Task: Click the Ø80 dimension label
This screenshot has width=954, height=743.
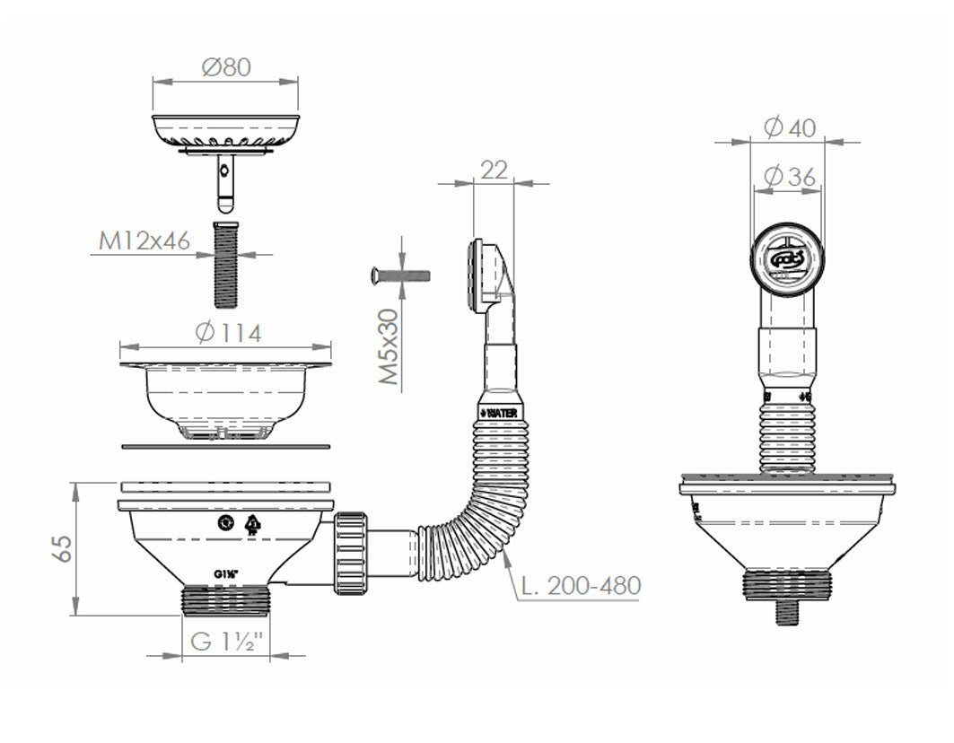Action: (x=225, y=67)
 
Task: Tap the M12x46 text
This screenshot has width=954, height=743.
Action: (x=144, y=241)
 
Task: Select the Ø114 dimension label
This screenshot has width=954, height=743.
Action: (x=227, y=333)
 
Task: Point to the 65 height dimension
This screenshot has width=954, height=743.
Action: (x=61, y=548)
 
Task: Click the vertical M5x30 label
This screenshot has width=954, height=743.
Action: (x=387, y=348)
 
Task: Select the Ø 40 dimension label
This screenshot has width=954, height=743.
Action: (x=790, y=128)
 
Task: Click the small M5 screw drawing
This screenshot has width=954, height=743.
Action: (x=399, y=275)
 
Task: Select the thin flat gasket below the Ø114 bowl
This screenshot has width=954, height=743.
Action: (x=225, y=446)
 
